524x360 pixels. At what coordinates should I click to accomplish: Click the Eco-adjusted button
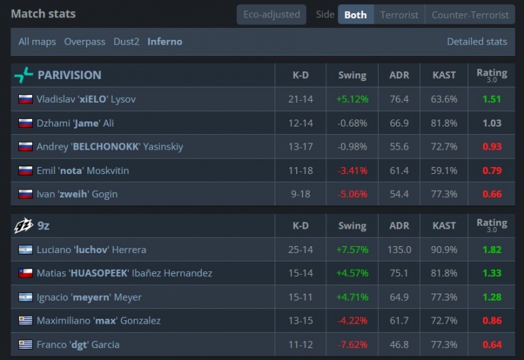pos(271,15)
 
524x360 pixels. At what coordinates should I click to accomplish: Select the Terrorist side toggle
pos(399,15)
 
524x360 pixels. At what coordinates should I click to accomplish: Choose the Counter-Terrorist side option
pos(470,15)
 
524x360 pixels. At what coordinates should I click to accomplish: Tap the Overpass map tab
pos(85,41)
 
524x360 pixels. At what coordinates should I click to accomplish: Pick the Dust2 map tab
pos(126,41)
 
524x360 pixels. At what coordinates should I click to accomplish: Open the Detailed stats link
pos(477,41)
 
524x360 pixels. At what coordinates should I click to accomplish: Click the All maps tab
pos(37,42)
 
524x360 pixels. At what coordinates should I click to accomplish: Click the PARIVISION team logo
pos(24,75)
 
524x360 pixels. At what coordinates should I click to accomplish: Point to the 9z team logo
pos(23,226)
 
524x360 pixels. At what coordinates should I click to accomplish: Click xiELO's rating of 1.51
pos(492,99)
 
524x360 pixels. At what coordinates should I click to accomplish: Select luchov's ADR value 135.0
pos(399,250)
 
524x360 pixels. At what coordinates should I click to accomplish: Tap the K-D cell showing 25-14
pos(300,250)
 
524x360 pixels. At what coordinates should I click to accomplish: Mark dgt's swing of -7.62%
pos(352,345)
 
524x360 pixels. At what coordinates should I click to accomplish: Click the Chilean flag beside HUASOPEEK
pos(25,273)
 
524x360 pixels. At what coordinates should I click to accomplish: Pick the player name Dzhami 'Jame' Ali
pos(75,123)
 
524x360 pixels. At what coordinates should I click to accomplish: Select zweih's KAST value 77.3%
pos(444,194)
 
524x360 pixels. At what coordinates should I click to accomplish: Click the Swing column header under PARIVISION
pos(352,75)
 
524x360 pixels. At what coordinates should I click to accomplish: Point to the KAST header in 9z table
pos(444,226)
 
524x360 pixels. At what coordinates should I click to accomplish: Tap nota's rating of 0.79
pos(492,171)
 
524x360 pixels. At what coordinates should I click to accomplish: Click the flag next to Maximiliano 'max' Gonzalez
pos(25,321)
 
